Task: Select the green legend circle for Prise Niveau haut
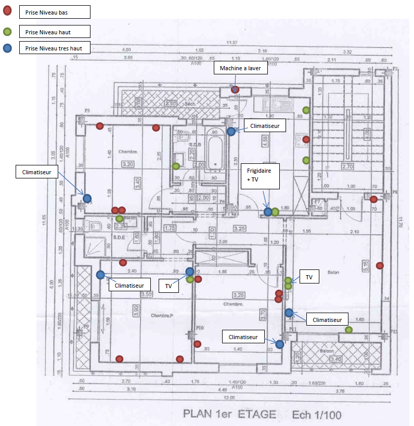click(7, 32)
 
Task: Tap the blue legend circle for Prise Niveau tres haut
click(7, 49)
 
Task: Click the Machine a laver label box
click(240, 68)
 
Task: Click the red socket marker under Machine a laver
click(235, 90)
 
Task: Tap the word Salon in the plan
click(333, 272)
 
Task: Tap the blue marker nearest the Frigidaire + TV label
click(268, 212)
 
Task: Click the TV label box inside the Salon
click(309, 278)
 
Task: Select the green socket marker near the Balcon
click(348, 329)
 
